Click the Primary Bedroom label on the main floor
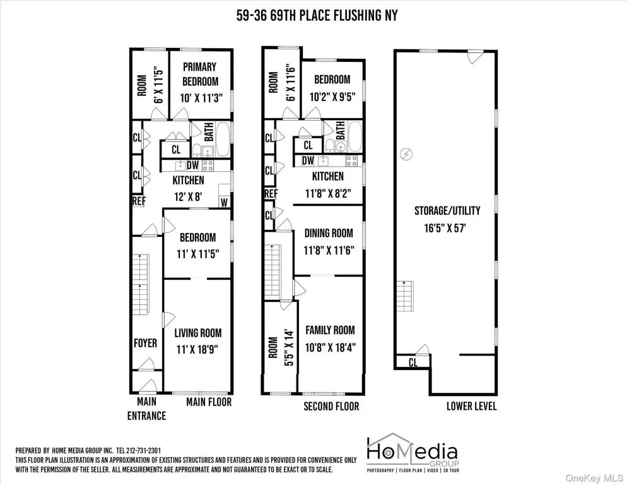click(200, 74)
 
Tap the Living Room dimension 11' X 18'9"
click(197, 349)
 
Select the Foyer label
click(145, 343)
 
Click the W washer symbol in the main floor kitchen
click(224, 203)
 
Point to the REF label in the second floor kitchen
click(271, 194)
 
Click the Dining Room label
click(329, 233)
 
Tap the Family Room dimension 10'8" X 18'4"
click(331, 347)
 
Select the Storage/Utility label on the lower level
click(447, 211)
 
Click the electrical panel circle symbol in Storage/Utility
click(406, 154)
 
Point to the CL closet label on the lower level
click(413, 362)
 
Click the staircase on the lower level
click(405, 296)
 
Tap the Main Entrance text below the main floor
click(146, 409)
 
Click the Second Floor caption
click(331, 407)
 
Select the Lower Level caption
click(471, 406)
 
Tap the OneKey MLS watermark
click(594, 478)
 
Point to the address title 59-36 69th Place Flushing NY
click(317, 16)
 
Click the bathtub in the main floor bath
click(223, 140)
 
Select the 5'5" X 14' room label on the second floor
click(289, 347)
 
